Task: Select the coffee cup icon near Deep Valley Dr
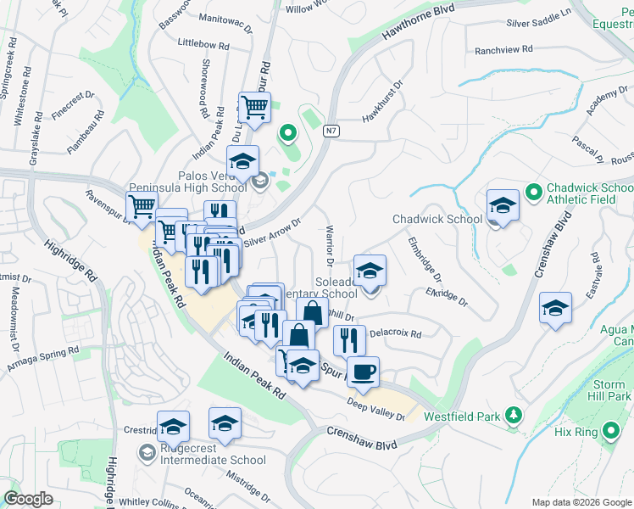[363, 372]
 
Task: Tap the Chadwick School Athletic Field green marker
[533, 192]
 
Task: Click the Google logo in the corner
[28, 499]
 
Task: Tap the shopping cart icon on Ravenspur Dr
[142, 205]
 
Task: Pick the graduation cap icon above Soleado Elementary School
[370, 270]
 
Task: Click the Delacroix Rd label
[394, 334]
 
